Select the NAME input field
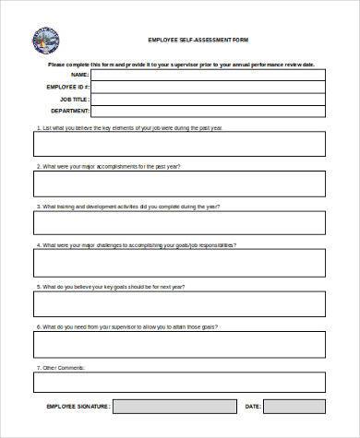click(209, 75)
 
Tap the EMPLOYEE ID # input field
click(209, 88)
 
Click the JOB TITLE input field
click(209, 101)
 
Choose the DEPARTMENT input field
click(209, 113)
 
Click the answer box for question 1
click(180, 144)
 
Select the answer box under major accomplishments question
click(180, 184)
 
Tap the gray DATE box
click(294, 407)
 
